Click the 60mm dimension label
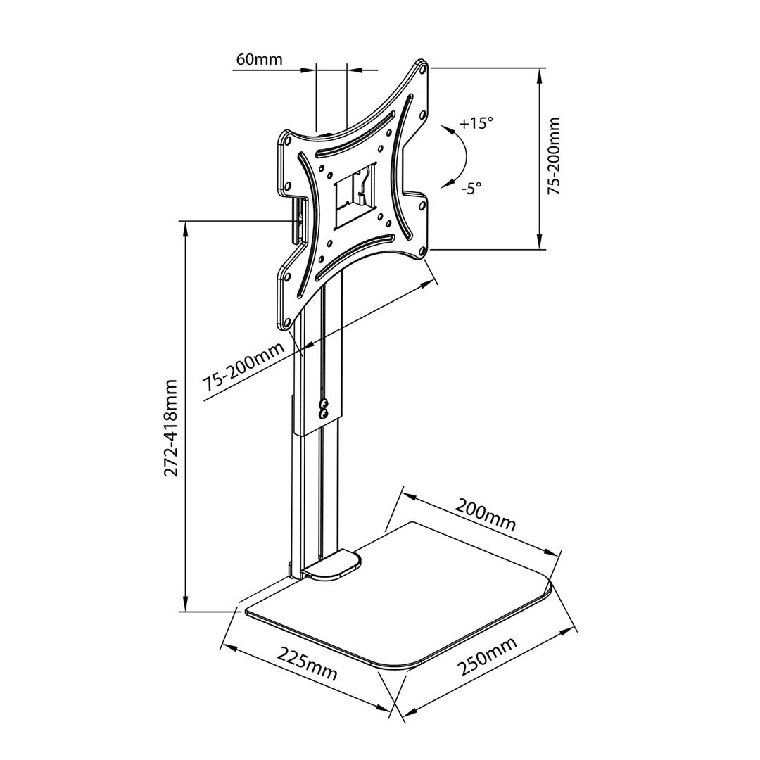pos(259,59)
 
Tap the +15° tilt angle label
pos(476,124)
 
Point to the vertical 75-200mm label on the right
pos(555,156)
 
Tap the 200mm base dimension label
pos(486,514)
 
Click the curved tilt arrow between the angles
pos(458,156)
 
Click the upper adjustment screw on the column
pos(324,404)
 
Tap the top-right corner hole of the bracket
pos(422,70)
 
